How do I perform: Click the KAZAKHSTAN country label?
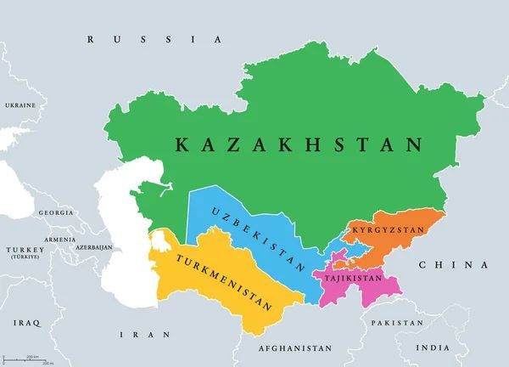click(x=299, y=144)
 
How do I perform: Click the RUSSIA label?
click(x=154, y=39)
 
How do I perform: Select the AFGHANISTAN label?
click(x=294, y=348)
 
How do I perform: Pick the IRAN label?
click(x=135, y=335)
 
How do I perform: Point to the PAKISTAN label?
click(x=396, y=323)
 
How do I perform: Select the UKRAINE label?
click(x=20, y=105)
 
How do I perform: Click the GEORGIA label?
click(x=56, y=212)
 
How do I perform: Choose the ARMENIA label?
click(x=60, y=240)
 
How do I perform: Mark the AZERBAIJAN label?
click(x=93, y=247)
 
